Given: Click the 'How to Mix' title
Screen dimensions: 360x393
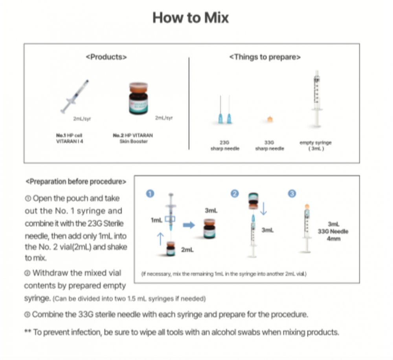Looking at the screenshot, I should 191,18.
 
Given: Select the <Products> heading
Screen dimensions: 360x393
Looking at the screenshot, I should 106,57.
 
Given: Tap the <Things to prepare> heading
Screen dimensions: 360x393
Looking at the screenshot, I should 265,57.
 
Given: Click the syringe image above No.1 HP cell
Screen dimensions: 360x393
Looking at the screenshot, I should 75,96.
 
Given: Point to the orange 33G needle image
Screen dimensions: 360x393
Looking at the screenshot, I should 270,119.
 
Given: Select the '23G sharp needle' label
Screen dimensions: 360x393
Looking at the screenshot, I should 224,146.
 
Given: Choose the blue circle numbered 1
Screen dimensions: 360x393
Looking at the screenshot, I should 150,193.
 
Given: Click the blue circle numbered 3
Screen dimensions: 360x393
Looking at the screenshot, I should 292,193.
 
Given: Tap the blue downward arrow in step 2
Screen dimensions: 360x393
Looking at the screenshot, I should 263,208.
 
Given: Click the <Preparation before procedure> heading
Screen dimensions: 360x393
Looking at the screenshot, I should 76,182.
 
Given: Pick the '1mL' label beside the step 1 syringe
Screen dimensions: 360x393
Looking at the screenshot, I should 157,220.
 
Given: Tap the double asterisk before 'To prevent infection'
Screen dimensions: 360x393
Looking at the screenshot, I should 28,332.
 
